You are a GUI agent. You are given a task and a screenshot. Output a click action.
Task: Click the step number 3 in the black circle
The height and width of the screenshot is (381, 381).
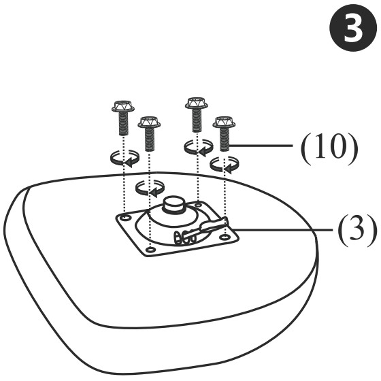(x=352, y=28)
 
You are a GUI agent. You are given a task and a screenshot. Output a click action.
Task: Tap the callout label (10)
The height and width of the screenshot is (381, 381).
(x=329, y=149)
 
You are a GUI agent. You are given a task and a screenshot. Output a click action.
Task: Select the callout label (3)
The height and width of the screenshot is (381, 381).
(x=357, y=230)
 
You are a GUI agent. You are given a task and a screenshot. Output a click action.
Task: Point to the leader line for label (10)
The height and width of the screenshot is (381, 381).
(x=261, y=146)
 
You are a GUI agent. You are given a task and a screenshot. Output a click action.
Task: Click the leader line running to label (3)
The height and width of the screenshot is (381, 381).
(x=282, y=229)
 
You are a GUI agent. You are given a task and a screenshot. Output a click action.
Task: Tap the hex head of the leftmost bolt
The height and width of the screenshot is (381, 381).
(x=123, y=106)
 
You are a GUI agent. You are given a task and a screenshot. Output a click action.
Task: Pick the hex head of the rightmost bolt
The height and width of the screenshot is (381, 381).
(x=224, y=122)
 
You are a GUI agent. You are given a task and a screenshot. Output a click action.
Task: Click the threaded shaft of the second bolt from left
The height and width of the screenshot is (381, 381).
(x=150, y=139)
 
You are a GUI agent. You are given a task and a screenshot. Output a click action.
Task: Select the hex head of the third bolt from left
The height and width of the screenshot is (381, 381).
(x=197, y=103)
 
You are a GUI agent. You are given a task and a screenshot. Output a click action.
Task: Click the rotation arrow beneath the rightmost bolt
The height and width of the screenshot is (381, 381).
(x=224, y=165)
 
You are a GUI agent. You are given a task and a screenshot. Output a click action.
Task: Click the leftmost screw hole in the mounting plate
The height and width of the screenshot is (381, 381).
(x=125, y=218)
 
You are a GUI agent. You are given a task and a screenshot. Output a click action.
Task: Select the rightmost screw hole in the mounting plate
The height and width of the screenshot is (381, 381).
(x=225, y=237)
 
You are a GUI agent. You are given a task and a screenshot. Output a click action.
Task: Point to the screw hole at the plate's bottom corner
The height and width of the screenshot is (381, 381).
(x=150, y=250)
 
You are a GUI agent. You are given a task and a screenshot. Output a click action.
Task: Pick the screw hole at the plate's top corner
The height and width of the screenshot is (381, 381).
(x=199, y=204)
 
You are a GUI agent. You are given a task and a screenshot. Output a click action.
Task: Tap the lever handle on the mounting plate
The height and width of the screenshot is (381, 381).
(x=214, y=225)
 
